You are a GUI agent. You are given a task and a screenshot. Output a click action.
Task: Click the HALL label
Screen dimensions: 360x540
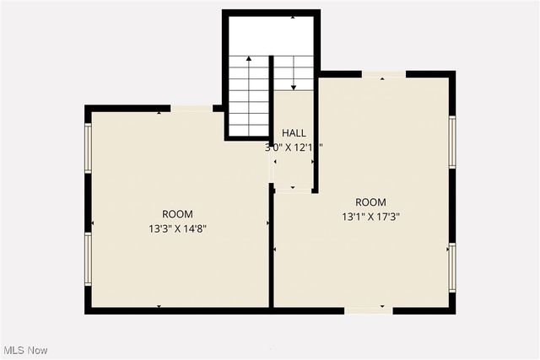pyautogui.click(x=294, y=133)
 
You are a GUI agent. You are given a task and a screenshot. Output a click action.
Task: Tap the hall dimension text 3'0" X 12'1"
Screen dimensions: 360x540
pyautogui.click(x=294, y=147)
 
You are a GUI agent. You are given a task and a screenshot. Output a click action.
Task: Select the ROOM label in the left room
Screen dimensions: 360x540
pyautogui.click(x=178, y=214)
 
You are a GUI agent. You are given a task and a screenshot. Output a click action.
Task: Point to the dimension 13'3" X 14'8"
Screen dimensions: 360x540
pyautogui.click(x=178, y=228)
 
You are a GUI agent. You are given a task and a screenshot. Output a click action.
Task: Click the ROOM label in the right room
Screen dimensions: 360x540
pyautogui.click(x=370, y=202)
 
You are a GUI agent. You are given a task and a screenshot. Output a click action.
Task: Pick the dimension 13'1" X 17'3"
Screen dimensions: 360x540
pyautogui.click(x=370, y=216)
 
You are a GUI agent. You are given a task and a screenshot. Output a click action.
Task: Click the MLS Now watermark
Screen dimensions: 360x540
pyautogui.click(x=26, y=350)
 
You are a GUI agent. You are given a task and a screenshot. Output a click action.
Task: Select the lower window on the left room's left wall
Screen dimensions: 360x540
pyautogui.click(x=87, y=258)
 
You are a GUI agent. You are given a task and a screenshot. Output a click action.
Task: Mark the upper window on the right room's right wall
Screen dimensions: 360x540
pyautogui.click(x=452, y=142)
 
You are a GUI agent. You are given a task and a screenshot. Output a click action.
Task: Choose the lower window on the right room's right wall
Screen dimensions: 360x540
pyautogui.click(x=452, y=266)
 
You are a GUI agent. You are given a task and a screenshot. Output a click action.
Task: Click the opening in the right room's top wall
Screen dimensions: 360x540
pyautogui.click(x=384, y=74)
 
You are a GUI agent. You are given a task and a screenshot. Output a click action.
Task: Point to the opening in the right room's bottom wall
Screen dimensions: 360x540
pyautogui.click(x=369, y=310)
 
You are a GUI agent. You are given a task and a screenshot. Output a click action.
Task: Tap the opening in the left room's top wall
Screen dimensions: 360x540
pyautogui.click(x=192, y=108)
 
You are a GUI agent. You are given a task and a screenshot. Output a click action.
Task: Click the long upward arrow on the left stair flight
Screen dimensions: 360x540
pyautogui.click(x=249, y=93)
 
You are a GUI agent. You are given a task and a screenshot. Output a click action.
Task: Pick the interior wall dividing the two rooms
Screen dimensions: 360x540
pyautogui.click(x=271, y=249)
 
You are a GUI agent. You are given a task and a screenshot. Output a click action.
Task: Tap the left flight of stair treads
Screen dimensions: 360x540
pyautogui.click(x=250, y=105)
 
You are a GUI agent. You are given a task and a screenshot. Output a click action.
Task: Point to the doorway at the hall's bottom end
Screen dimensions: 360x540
pyautogui.click(x=293, y=190)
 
